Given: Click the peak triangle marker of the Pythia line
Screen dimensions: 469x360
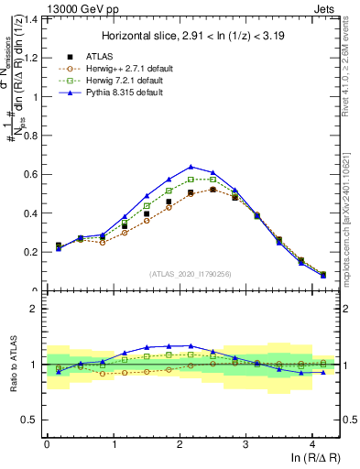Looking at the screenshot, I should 191,167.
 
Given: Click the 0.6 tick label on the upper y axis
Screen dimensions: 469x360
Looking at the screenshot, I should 29,174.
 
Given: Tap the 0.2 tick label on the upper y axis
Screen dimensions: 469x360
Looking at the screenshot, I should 29,252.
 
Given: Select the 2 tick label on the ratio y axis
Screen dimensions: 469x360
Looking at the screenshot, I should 34,309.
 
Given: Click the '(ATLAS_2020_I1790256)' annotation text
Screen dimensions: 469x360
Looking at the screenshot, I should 191,274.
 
